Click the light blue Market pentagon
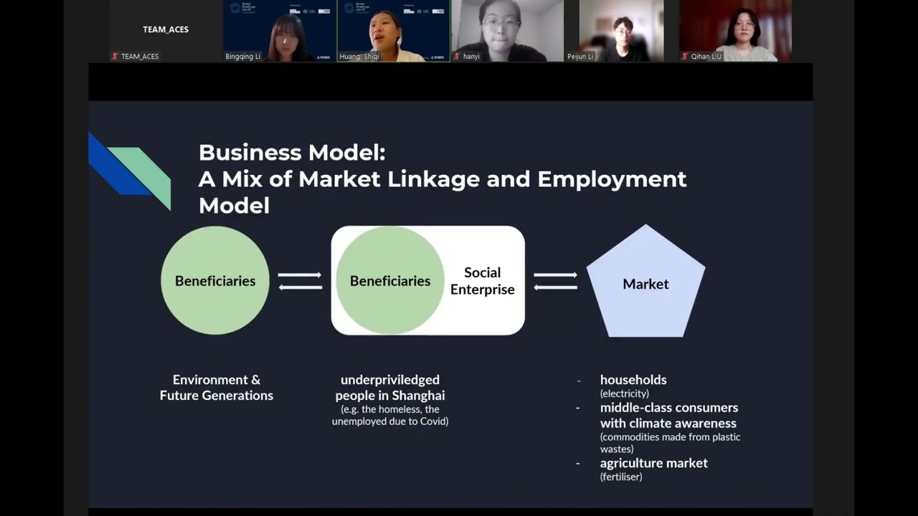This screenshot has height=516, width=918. click(645, 284)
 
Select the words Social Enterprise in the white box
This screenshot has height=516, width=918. click(482, 281)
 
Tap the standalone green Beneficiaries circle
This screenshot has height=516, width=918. click(215, 281)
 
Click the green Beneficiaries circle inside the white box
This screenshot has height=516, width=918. click(390, 281)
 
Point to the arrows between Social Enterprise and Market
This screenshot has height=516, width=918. click(555, 281)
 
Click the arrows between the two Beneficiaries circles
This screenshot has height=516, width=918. click(300, 281)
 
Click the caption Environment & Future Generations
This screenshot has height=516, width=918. click(216, 388)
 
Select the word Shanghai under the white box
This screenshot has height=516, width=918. click(418, 396)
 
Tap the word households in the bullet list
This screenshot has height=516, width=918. click(633, 380)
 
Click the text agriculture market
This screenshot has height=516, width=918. click(653, 463)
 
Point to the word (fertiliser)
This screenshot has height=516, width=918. click(621, 477)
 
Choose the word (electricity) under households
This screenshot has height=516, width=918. click(624, 393)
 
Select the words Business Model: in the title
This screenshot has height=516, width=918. click(292, 153)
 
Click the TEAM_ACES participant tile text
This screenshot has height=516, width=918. click(166, 29)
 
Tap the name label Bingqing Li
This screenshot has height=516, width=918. click(243, 56)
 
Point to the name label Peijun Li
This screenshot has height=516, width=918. click(580, 56)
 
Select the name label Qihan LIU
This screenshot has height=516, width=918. click(706, 56)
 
